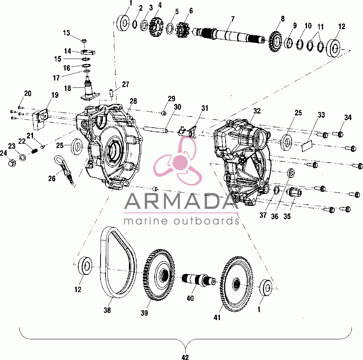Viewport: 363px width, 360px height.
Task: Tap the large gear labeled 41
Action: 236,284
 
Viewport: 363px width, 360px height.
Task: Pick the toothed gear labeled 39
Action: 159,275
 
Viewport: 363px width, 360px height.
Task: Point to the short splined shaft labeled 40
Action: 199,279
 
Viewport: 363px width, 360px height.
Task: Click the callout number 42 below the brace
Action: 185,357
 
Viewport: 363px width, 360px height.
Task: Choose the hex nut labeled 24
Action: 12,163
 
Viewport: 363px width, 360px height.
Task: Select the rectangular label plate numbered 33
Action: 307,146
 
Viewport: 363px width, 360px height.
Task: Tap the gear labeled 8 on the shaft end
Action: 276,41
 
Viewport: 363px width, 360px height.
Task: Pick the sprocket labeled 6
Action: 183,30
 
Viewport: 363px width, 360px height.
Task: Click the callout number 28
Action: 134,101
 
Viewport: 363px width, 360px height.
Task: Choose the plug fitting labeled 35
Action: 294,192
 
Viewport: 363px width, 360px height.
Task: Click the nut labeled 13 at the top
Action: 84,41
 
